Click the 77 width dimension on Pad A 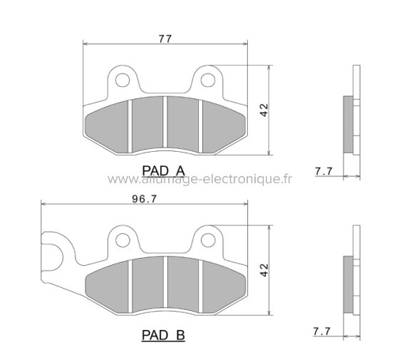tap(165, 39)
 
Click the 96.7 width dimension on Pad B tap(145, 198)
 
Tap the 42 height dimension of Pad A tap(263, 110)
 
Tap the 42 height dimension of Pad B tap(263, 270)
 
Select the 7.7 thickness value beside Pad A tap(323, 170)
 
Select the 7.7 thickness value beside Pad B tap(323, 331)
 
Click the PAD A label tap(163, 170)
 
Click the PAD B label tap(163, 333)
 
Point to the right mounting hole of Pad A tap(208, 79)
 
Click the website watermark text tap(199, 179)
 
